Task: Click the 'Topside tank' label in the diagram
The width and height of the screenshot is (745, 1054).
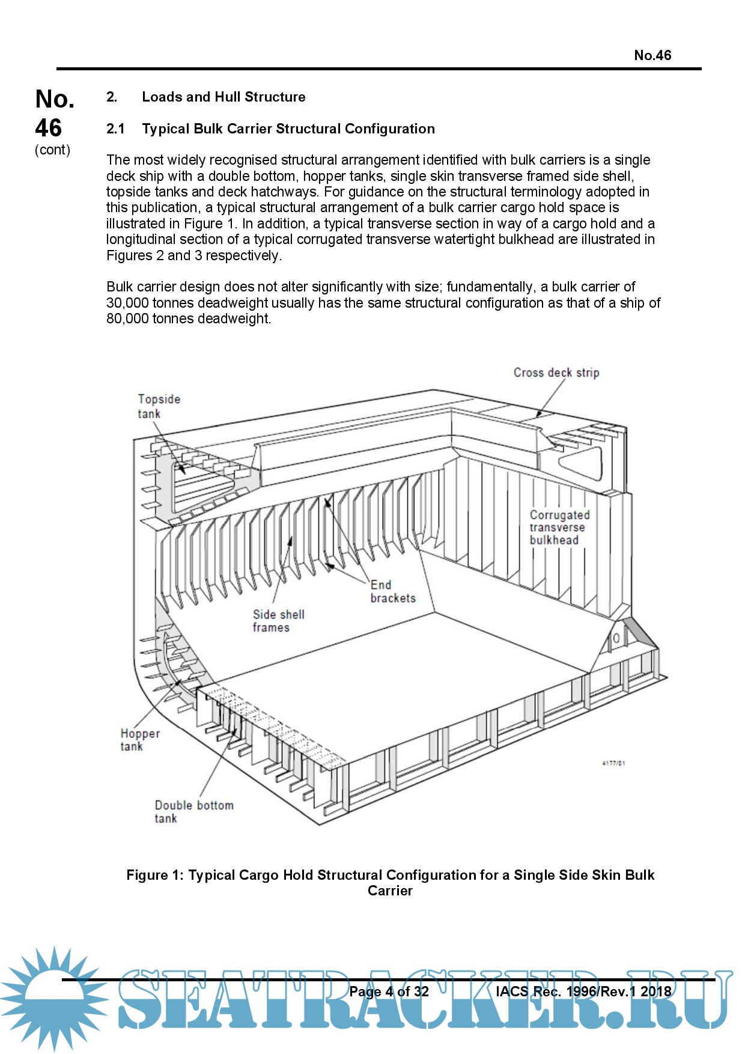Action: pyautogui.click(x=158, y=406)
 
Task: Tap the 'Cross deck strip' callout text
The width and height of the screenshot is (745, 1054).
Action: pyautogui.click(x=556, y=373)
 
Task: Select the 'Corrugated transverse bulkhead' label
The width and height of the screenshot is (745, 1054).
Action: pyautogui.click(x=559, y=528)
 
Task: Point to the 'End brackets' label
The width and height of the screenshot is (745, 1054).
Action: pyautogui.click(x=392, y=591)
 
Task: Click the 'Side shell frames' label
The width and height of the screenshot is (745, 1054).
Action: pyautogui.click(x=278, y=621)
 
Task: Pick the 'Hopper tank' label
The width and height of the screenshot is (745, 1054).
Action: pyautogui.click(x=139, y=740)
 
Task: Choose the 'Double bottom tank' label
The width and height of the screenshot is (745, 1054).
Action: pyautogui.click(x=193, y=812)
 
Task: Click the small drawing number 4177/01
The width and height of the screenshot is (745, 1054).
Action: pyautogui.click(x=613, y=763)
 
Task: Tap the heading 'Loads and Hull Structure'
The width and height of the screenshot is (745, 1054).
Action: pyautogui.click(x=223, y=97)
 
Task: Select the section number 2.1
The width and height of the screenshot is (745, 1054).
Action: pyautogui.click(x=115, y=129)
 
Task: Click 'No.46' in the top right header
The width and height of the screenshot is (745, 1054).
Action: pyautogui.click(x=652, y=55)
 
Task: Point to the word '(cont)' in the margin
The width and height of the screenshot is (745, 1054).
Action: pyautogui.click(x=52, y=150)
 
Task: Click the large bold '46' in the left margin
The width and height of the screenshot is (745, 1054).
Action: pyautogui.click(x=48, y=128)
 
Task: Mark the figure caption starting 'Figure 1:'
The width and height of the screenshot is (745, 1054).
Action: pyautogui.click(x=390, y=882)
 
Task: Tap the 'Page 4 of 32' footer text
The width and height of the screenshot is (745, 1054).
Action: pyautogui.click(x=389, y=992)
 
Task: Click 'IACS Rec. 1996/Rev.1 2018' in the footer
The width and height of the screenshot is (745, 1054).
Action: pyautogui.click(x=583, y=992)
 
